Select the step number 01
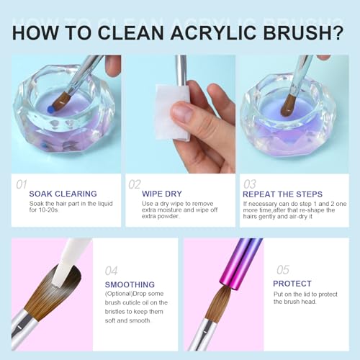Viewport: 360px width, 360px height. tap(22, 185)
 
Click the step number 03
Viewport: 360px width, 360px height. tap(250, 185)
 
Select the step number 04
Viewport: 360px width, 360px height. tap(112, 271)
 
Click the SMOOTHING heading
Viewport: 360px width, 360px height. tap(130, 284)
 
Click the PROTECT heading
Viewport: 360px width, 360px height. tap(293, 284)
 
